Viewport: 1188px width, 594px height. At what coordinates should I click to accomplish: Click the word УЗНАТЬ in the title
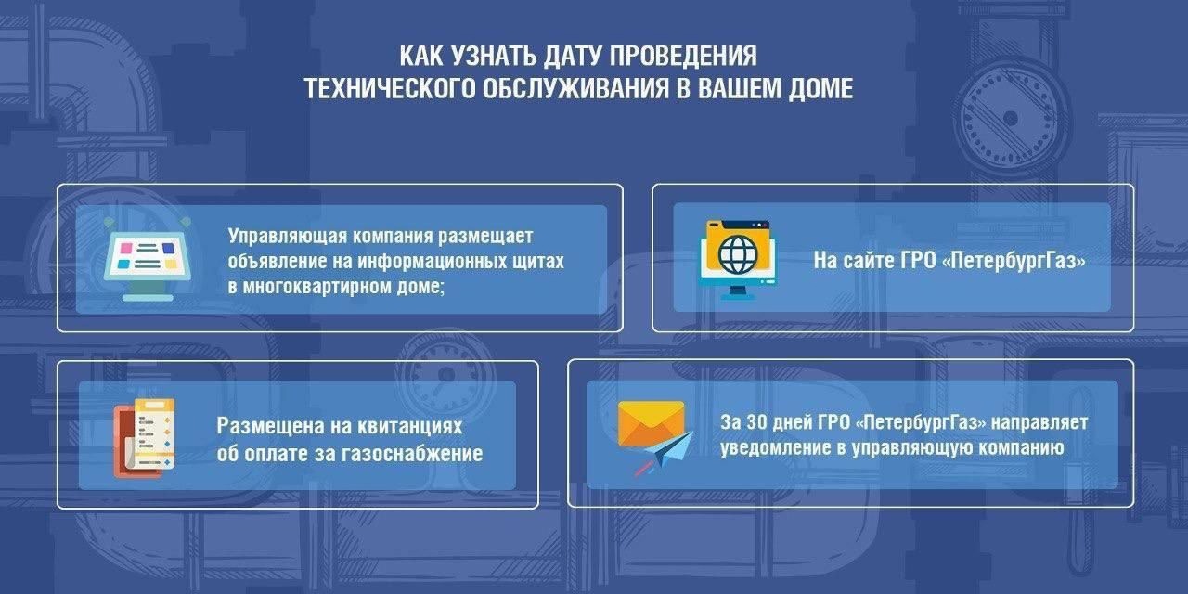click(493, 56)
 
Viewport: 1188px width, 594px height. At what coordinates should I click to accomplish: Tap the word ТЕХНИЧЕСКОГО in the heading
click(389, 88)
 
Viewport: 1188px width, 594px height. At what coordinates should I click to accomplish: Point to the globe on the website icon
click(737, 254)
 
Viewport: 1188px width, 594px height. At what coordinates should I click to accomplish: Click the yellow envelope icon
click(652, 422)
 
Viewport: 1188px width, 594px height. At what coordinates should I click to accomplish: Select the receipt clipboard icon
click(144, 438)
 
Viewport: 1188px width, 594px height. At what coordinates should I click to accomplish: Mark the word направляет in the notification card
click(1040, 422)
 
